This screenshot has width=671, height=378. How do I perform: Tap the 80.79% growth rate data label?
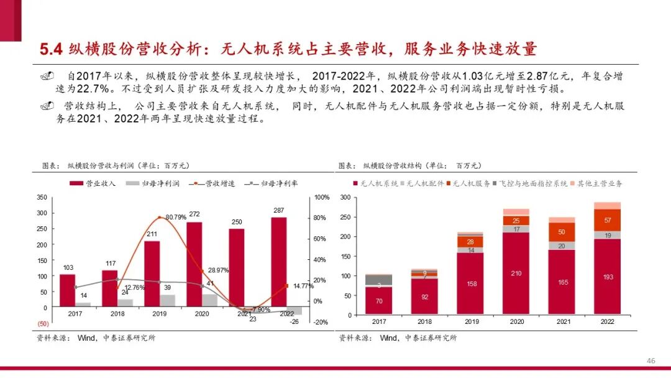[176, 217]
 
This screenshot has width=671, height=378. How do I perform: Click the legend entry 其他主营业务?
[600, 184]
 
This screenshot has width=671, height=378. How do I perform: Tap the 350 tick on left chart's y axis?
[42, 197]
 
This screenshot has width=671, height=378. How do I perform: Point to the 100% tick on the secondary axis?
[322, 197]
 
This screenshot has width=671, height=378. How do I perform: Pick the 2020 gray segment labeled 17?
[516, 229]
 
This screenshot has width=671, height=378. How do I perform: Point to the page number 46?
[651, 361]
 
